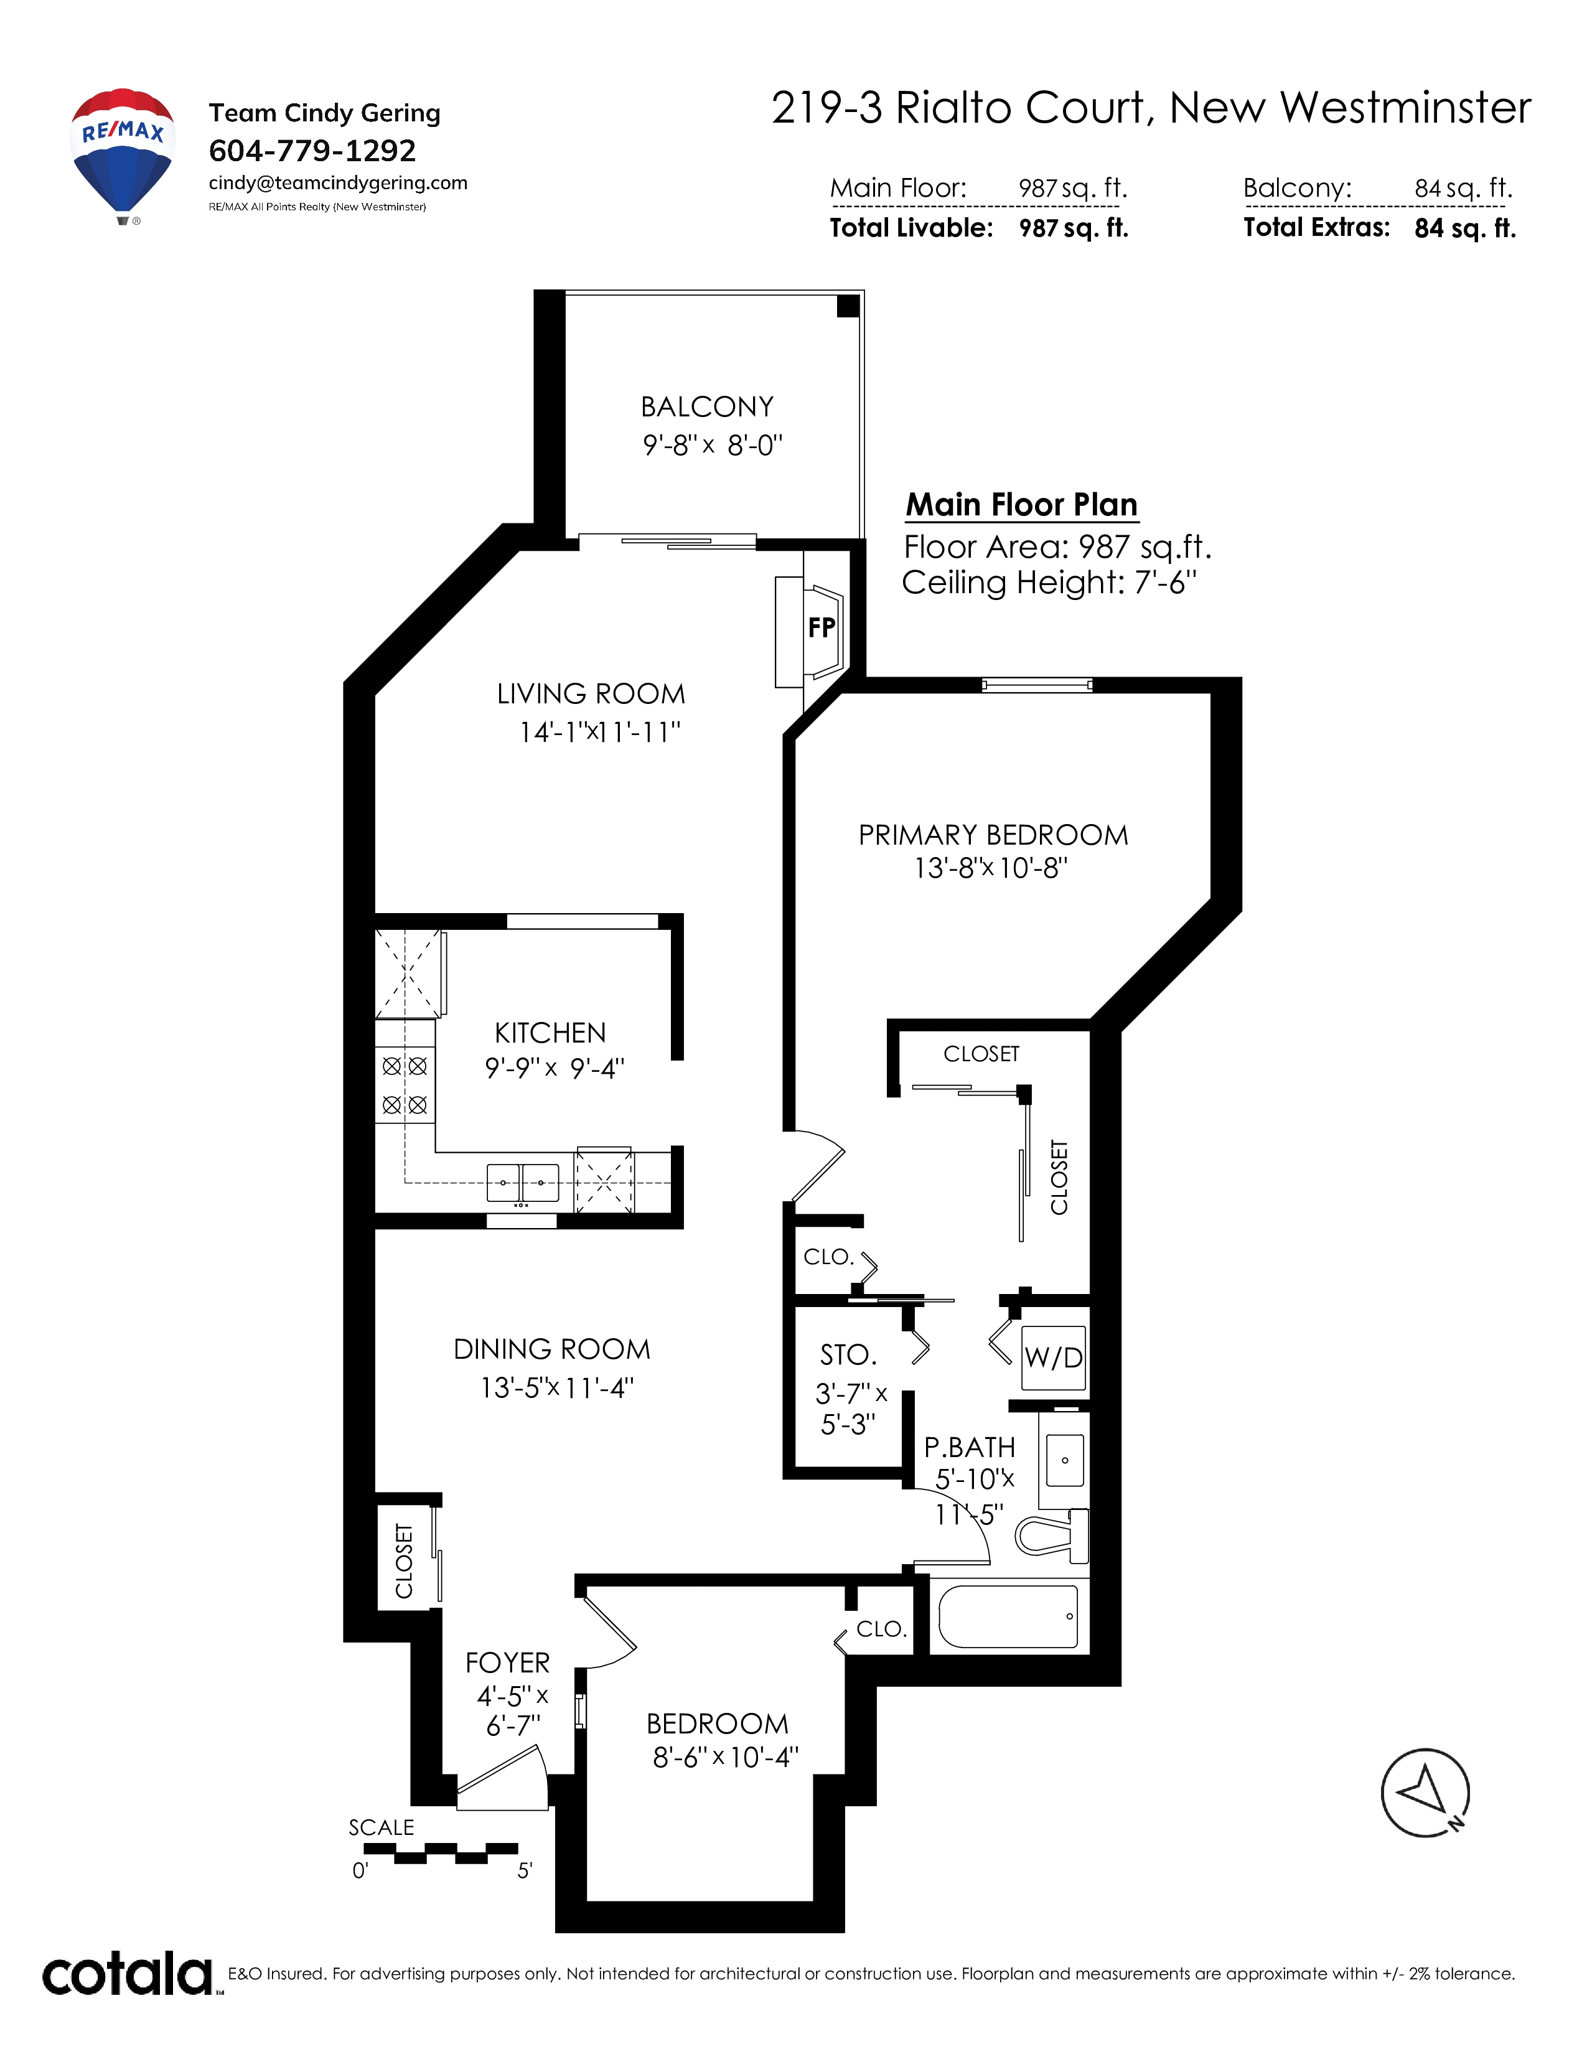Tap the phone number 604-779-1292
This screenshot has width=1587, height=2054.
point(312,151)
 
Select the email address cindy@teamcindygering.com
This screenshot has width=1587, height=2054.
point(337,184)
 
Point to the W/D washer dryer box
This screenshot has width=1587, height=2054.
point(1053,1357)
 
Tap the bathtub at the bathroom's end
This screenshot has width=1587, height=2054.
point(1008,1616)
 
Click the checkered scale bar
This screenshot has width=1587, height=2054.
point(440,1853)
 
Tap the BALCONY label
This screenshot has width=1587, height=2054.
point(707,407)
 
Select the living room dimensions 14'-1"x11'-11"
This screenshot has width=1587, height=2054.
point(600,732)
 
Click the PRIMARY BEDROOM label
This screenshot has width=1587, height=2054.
point(993,835)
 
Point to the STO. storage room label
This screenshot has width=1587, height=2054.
point(848,1355)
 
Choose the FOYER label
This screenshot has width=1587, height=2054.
point(508,1662)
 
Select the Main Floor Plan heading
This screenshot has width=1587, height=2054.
point(1022,505)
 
